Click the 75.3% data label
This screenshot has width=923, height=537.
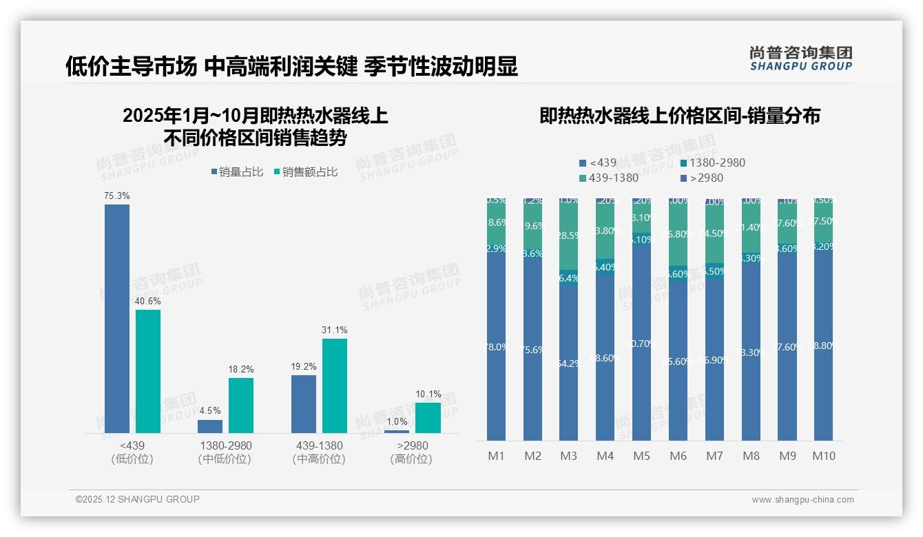click(x=117, y=196)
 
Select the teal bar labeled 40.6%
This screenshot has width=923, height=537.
click(x=148, y=371)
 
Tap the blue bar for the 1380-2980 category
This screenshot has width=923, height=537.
click(x=210, y=426)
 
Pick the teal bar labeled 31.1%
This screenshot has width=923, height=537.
click(x=335, y=386)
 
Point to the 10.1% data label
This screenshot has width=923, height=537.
click(x=428, y=394)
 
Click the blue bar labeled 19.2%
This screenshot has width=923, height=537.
click(x=304, y=403)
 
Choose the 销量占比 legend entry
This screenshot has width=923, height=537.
click(x=237, y=172)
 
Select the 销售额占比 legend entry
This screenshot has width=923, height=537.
click(x=306, y=172)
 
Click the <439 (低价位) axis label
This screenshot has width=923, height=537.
click(x=132, y=452)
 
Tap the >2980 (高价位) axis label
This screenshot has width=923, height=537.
click(x=411, y=452)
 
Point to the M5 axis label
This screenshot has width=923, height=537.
click(x=641, y=456)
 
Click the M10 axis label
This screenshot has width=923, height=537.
click(x=823, y=456)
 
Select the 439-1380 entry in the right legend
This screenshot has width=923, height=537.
click(x=608, y=178)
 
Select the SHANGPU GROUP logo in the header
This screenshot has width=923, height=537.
click(x=801, y=58)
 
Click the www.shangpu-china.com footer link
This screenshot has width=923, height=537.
click(x=802, y=500)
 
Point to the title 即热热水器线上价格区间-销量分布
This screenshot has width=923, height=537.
click(x=680, y=116)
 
